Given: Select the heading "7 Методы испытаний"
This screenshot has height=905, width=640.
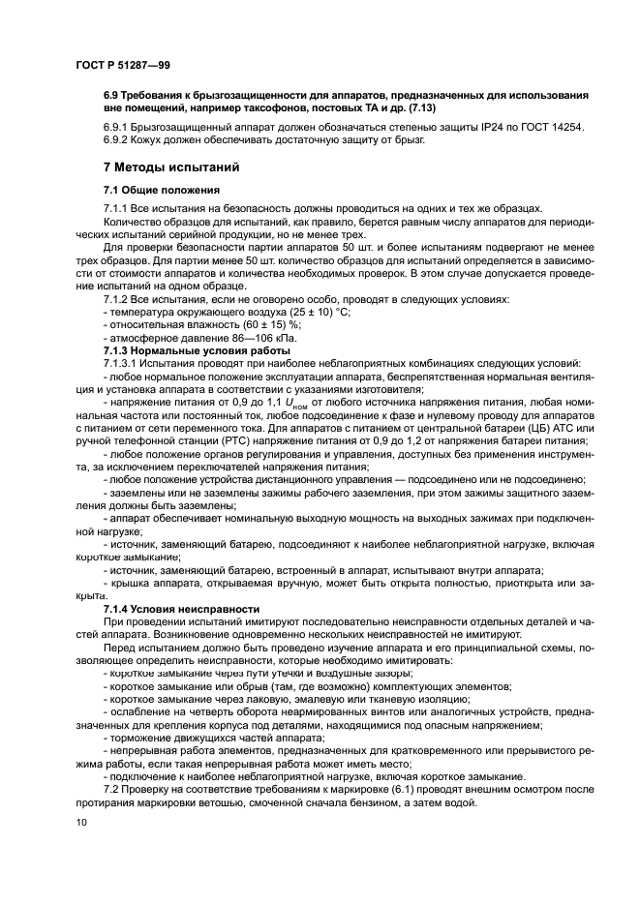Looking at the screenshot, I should point(166,167).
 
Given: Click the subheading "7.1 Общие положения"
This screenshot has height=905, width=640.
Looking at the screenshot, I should point(163,190).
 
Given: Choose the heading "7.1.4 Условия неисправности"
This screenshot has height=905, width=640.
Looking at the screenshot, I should point(174,608).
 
